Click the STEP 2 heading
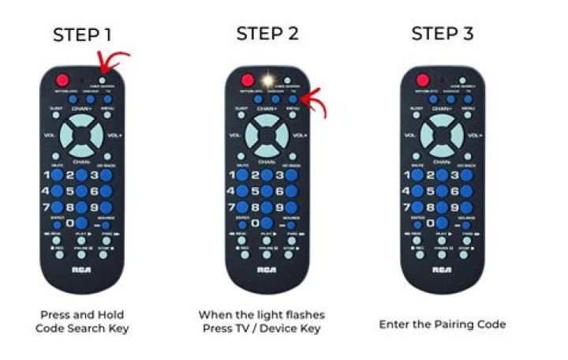(264, 34)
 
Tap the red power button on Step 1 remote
(62, 80)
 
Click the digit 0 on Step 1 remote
(81, 224)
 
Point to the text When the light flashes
(261, 314)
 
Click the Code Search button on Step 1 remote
(103, 81)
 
